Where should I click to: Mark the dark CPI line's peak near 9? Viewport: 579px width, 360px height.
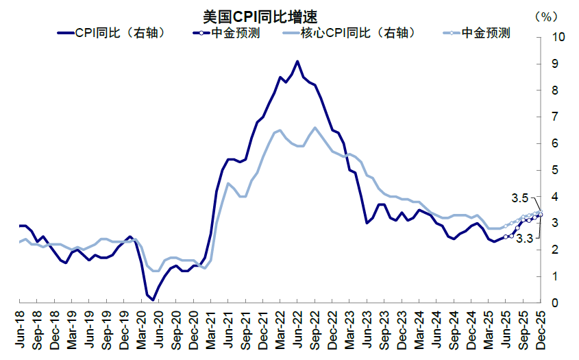(297, 61)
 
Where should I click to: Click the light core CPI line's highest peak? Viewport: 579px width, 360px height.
(315, 128)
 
